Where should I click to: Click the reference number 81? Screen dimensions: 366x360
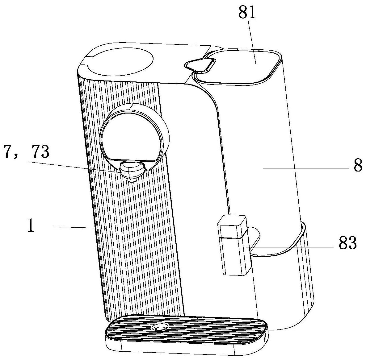247,13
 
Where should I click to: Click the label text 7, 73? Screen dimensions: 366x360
26,152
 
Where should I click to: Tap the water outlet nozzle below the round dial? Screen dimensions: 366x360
132,171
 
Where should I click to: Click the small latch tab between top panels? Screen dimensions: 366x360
200,64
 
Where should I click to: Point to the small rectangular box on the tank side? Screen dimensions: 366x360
234,245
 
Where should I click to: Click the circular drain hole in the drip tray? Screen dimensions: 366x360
160,328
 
